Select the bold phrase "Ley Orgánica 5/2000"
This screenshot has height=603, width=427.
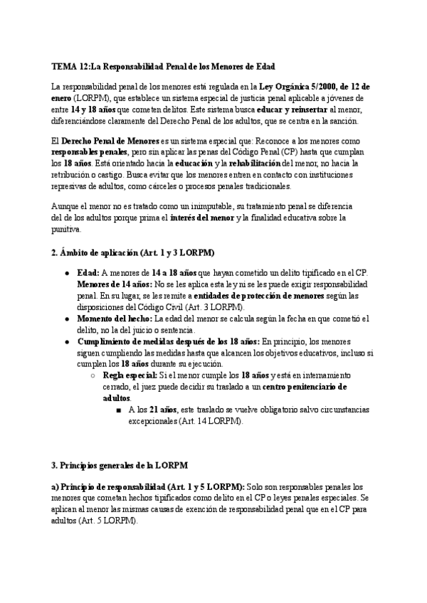pyautogui.click(x=298, y=87)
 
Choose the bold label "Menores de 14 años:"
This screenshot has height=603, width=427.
pyautogui.click(x=113, y=284)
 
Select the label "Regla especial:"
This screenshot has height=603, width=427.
pyautogui.click(x=130, y=375)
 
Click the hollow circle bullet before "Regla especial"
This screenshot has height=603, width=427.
pyautogui.click(x=94, y=375)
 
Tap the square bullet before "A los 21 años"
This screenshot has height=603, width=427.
pyautogui.click(x=116, y=410)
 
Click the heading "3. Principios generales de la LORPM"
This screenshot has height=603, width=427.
pyautogui.click(x=119, y=465)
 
